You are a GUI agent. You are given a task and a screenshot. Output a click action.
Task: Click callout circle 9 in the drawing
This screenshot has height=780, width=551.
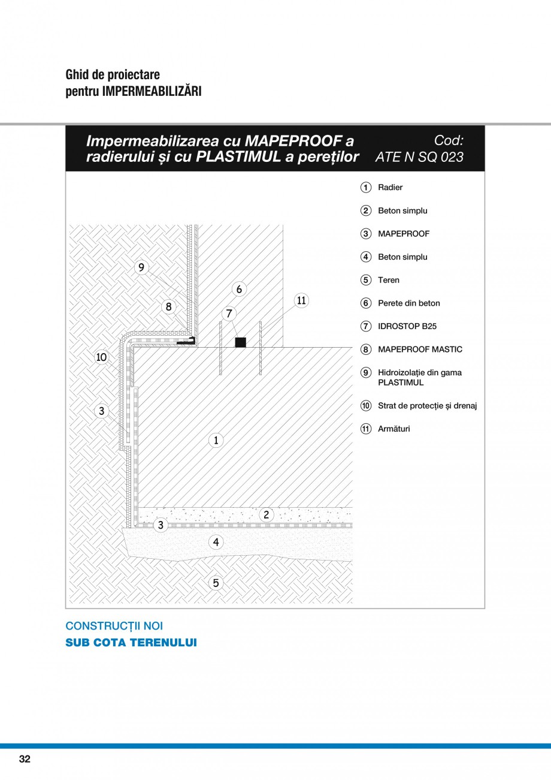click(141, 267)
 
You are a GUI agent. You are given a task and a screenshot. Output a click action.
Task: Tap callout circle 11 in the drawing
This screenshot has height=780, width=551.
click(301, 300)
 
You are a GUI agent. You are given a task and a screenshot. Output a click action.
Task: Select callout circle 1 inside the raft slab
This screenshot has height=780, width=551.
click(216, 441)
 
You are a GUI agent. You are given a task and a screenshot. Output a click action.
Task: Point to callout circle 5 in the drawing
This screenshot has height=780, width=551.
click(216, 582)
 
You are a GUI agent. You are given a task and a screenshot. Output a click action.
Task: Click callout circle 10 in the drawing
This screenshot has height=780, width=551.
click(101, 357)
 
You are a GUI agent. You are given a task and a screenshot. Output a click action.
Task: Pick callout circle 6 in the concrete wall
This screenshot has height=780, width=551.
click(239, 289)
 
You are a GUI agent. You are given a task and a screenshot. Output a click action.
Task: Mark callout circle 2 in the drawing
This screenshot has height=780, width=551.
click(266, 514)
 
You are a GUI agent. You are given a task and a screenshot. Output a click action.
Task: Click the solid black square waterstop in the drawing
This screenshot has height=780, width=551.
click(240, 342)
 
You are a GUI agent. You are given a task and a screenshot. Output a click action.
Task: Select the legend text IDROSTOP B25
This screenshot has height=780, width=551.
click(407, 326)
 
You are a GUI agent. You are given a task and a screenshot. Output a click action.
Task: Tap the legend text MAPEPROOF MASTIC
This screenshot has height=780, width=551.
click(420, 350)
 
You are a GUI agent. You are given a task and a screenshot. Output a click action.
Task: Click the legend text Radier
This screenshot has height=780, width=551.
click(390, 188)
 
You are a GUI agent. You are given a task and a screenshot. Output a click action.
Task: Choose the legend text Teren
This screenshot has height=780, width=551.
click(388, 280)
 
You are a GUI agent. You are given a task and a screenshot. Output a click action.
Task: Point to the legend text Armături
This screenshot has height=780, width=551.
click(393, 429)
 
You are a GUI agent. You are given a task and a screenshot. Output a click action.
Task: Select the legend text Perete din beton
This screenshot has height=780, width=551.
click(408, 303)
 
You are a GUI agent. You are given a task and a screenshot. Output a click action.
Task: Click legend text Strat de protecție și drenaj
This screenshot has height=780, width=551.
click(427, 406)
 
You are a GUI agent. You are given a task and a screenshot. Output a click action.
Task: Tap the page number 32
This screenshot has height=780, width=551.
click(25, 759)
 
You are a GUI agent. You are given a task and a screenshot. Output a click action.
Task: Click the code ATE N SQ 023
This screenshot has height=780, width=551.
click(419, 157)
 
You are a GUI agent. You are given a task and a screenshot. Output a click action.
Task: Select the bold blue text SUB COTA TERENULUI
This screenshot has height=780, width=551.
click(131, 643)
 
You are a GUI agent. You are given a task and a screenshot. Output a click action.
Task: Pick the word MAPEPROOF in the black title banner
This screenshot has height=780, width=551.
click(290, 141)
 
